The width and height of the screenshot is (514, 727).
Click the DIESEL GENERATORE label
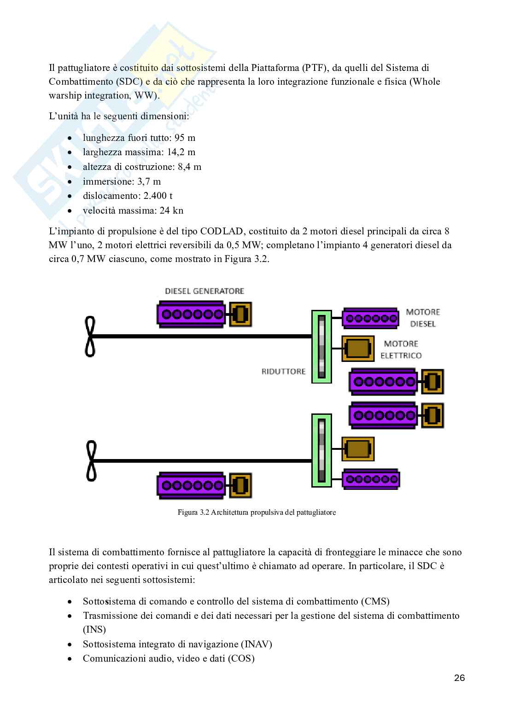204,291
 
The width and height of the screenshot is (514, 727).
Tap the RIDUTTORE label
283,371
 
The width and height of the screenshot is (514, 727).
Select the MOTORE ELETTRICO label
401,349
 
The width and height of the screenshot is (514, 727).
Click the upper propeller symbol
90,336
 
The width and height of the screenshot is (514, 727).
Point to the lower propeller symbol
91,460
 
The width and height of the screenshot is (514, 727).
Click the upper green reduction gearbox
321,347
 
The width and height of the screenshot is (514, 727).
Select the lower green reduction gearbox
321,450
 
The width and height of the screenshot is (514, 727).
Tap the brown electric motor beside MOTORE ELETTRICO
358,349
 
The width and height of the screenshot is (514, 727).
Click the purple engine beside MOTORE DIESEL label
370,319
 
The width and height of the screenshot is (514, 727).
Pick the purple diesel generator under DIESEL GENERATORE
191,314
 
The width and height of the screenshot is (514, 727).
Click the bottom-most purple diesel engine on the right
371,479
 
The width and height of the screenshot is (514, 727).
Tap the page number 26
460,678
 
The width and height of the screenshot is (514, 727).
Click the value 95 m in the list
185,138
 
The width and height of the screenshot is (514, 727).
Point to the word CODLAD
222,231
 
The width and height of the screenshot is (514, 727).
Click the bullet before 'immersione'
70,182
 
